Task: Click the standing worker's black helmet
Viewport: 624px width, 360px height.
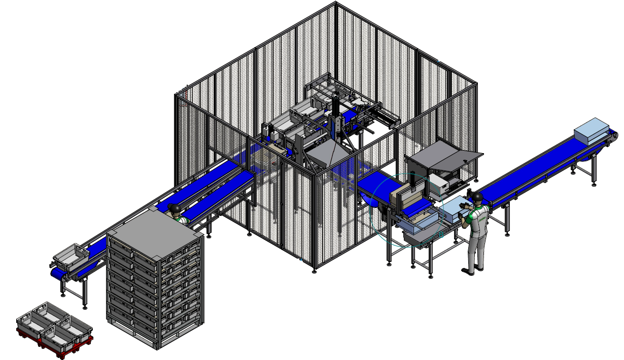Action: (477, 196)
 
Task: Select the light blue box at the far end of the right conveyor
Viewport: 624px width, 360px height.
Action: (591, 130)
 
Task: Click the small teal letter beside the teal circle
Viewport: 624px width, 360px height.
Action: (441, 235)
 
